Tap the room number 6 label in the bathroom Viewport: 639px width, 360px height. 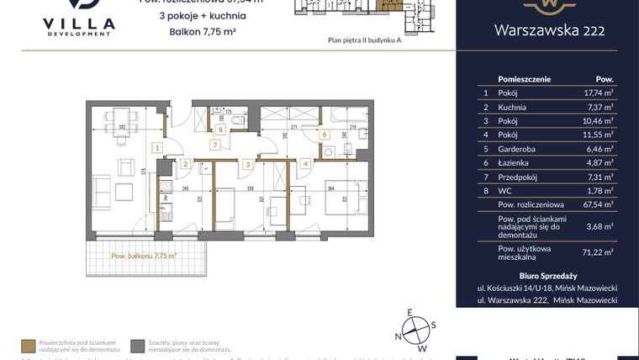325,134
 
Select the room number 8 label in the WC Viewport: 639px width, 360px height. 219,129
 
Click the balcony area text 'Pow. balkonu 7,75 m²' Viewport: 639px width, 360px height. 142,256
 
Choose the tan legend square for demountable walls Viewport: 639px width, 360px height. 29,345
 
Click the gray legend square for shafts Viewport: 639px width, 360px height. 137,345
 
